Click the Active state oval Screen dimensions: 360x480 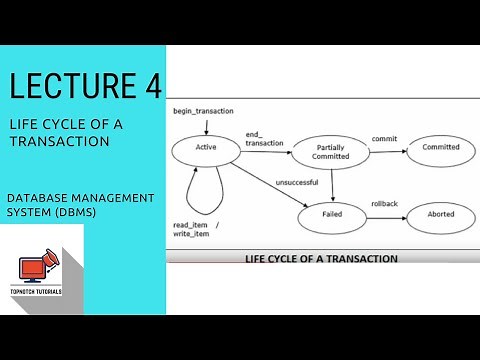click(x=208, y=149)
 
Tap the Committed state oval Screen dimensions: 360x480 click(x=440, y=147)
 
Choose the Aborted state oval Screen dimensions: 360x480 click(x=440, y=216)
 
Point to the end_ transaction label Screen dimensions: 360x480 click(x=262, y=137)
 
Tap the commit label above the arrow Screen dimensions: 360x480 click(x=384, y=138)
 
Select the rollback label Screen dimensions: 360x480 click(x=384, y=204)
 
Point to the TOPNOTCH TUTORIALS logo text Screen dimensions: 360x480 click(x=36, y=292)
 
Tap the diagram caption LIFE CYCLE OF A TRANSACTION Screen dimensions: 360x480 click(x=322, y=258)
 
